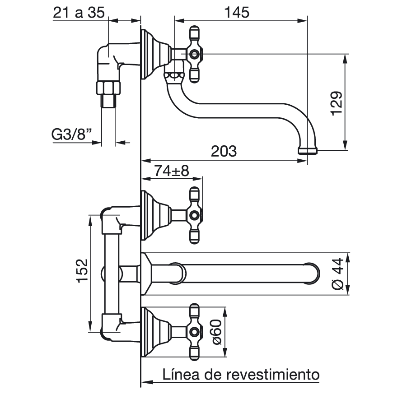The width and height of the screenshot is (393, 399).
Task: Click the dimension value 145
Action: (236, 12)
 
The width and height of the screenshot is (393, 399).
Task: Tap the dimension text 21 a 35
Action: (79, 12)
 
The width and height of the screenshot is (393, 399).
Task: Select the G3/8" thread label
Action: (71, 134)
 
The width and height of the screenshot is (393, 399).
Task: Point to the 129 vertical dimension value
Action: (337, 103)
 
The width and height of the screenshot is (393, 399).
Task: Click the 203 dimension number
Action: (224, 151)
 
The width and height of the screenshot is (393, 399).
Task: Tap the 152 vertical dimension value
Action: (83, 271)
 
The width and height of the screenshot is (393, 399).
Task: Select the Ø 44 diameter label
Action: (338, 274)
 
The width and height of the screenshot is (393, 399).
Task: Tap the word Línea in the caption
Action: (181, 374)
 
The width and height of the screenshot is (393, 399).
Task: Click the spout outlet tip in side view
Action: (308, 151)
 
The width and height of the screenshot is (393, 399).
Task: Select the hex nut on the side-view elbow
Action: (108, 88)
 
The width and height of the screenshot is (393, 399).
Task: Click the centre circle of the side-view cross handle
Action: (194, 54)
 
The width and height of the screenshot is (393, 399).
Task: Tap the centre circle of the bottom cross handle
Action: (194, 332)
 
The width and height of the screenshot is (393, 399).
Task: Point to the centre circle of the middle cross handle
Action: (194, 215)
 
